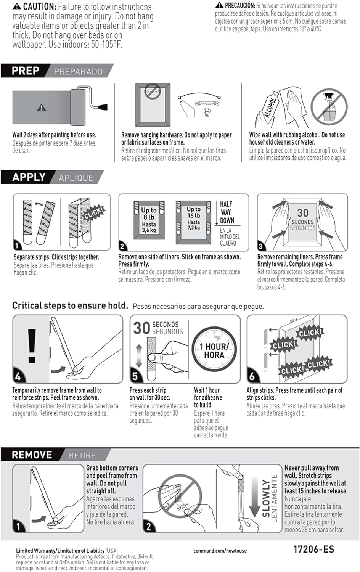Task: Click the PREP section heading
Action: [26, 71]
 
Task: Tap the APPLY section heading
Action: [29, 177]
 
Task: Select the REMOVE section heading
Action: [32, 455]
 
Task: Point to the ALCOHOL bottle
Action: [271, 108]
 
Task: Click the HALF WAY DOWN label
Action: [227, 212]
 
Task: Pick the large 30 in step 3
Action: [303, 213]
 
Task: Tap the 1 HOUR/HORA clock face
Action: [214, 350]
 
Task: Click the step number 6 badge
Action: [252, 376]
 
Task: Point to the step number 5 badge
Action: [135, 376]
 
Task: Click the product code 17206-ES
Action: [313, 549]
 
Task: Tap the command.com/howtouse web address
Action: [220, 551]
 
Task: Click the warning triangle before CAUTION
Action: [17, 6]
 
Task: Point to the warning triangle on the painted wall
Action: [42, 108]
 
